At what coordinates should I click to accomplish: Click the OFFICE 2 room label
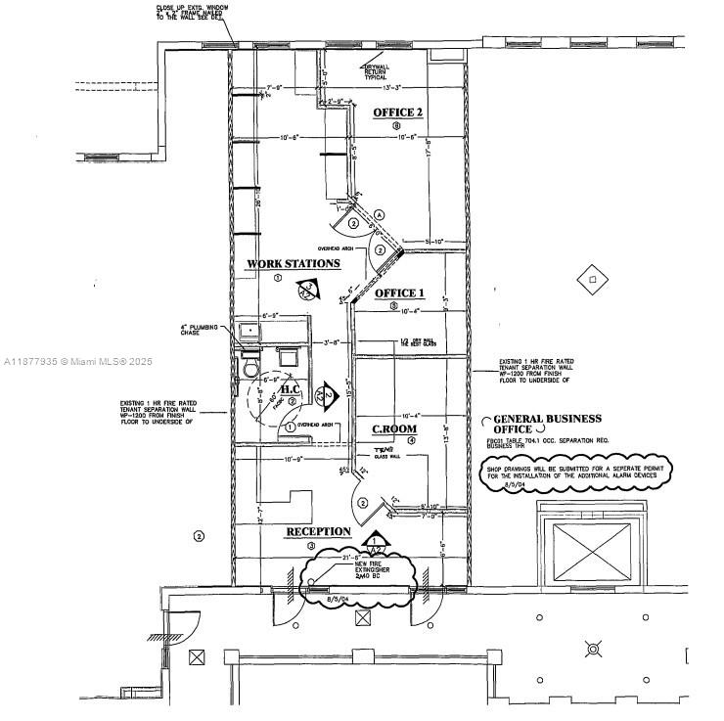tap(398, 113)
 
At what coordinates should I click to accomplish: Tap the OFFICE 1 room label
tap(400, 293)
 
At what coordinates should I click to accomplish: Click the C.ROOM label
tap(394, 428)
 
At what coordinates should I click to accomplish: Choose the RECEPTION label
tap(318, 531)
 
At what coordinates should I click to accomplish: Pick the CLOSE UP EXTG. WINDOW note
tap(195, 14)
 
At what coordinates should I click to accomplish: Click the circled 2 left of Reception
tap(199, 535)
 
